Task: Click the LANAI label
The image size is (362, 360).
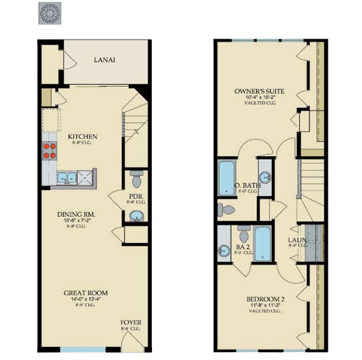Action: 105,60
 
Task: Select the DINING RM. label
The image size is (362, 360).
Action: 80,214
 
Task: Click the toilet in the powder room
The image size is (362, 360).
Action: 136,179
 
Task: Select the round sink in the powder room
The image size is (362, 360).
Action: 137,216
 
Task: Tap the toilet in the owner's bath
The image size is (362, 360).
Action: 225,209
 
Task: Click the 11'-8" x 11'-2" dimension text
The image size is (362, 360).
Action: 265,306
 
